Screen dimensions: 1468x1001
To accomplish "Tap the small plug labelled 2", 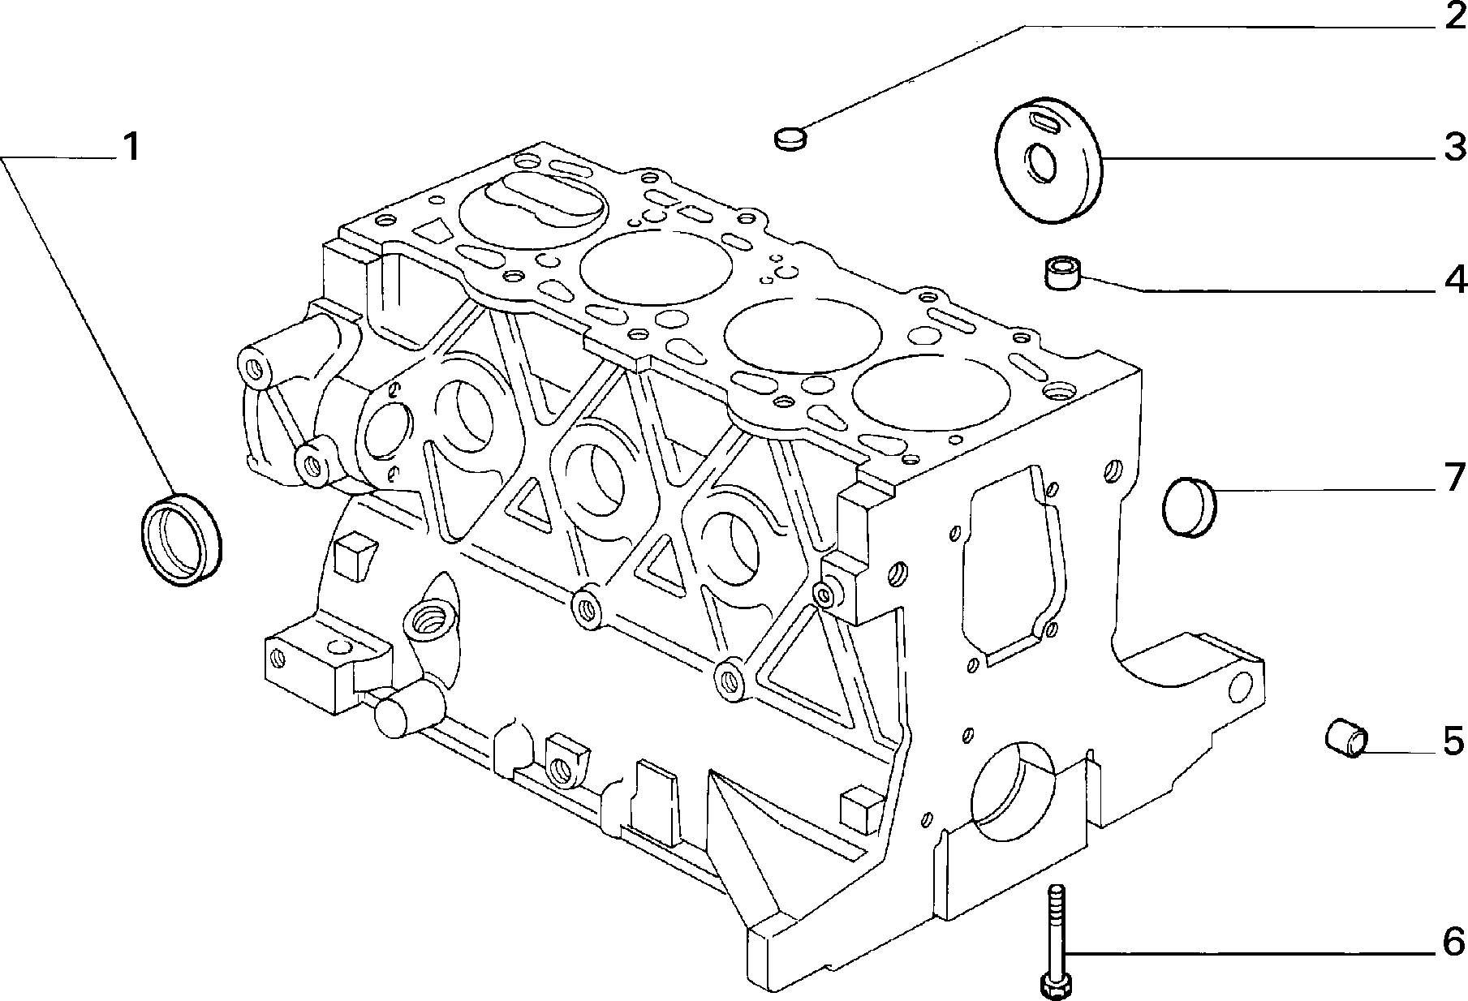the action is (790, 139).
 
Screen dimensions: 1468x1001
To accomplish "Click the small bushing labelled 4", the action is (1061, 273).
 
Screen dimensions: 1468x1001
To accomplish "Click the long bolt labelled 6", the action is (1056, 942).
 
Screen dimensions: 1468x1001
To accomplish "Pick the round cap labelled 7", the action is (1189, 508).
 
